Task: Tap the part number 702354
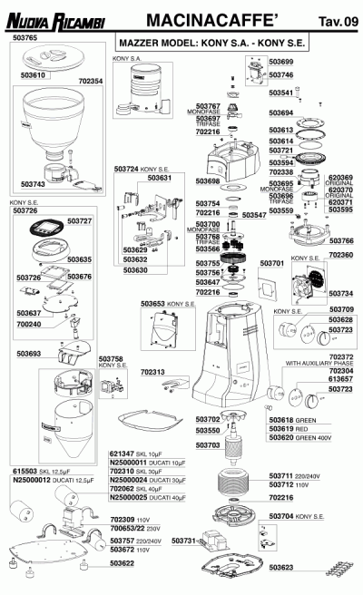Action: (91, 81)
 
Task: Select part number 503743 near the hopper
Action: (33, 184)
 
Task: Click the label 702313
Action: (152, 372)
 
